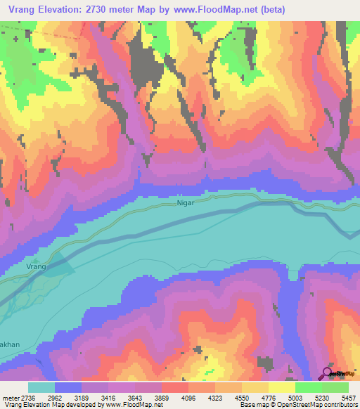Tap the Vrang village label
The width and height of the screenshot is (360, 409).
point(36,267)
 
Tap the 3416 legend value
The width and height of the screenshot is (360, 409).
point(122,397)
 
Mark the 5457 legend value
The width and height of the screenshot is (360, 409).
point(348,397)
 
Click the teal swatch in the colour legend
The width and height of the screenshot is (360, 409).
point(41,387)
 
